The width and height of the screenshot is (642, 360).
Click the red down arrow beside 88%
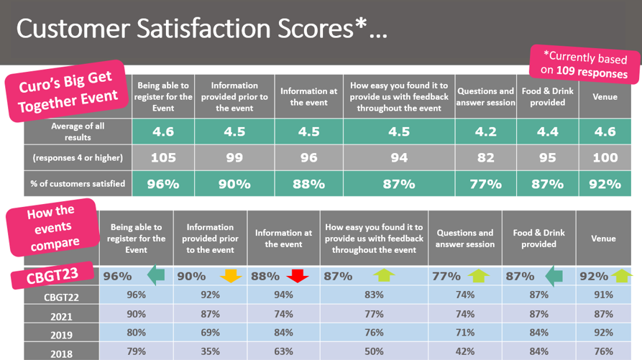(x=297, y=276)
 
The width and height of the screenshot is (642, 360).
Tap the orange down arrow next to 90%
(x=231, y=276)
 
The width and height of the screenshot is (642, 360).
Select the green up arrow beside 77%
(x=477, y=276)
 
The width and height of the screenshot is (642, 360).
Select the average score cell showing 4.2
(x=485, y=131)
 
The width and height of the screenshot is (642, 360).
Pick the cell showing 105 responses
(x=163, y=157)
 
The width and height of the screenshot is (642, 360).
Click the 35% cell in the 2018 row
(x=210, y=351)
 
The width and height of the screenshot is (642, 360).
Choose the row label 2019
(x=61, y=335)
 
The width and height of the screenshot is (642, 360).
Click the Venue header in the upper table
(x=604, y=97)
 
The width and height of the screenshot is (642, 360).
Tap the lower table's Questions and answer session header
(x=464, y=239)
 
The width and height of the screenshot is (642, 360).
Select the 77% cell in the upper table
(x=485, y=184)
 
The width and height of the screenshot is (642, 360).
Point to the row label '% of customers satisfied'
(x=78, y=184)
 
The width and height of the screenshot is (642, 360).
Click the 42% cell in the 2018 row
(x=464, y=351)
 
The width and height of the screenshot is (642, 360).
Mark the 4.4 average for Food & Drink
(x=547, y=131)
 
